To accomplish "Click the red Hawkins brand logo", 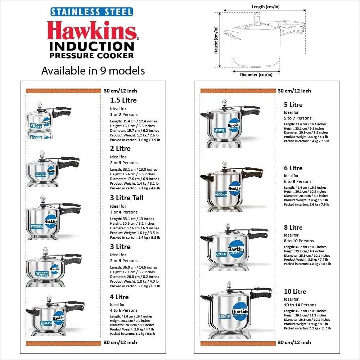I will [92, 31].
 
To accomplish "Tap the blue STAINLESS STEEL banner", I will [91, 12].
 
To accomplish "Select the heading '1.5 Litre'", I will [123, 100].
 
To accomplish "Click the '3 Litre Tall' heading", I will [127, 198].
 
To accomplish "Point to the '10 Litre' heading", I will [295, 292].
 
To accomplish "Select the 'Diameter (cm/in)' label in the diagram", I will [256, 75].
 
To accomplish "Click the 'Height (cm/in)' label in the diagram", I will [216, 40].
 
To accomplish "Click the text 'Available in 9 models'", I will [93, 71].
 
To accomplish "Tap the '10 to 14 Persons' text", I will [300, 305].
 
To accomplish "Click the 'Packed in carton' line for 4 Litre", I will [132, 334].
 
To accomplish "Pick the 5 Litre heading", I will [293, 105].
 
